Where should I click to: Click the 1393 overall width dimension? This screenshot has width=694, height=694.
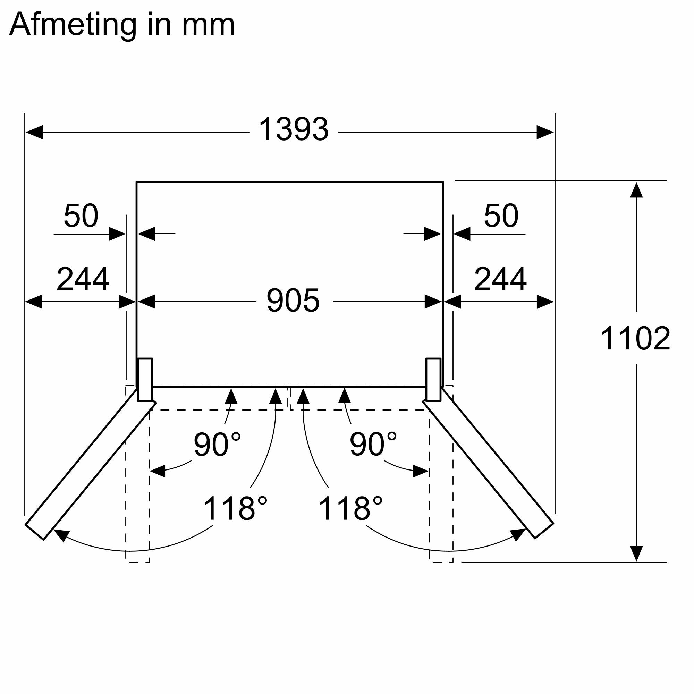coord(294,129)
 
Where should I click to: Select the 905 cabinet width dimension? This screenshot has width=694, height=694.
coord(293,301)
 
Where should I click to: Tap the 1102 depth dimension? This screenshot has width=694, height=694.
coord(635,338)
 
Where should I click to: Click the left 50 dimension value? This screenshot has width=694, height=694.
coord(81,216)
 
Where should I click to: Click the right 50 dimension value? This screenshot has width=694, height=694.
coord(501,216)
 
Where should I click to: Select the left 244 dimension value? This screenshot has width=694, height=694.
coord(83,279)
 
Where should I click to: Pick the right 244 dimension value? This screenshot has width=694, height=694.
coord(500,279)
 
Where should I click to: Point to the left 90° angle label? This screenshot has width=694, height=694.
coord(217,445)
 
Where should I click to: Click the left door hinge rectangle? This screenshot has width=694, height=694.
coord(145,380)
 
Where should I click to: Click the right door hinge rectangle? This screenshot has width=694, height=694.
coord(433,380)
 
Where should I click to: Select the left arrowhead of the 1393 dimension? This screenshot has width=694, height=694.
coord(34,132)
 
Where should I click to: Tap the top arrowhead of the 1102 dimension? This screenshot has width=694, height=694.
coord(636,191)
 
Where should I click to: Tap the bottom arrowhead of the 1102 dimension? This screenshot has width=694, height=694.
coord(636,553)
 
